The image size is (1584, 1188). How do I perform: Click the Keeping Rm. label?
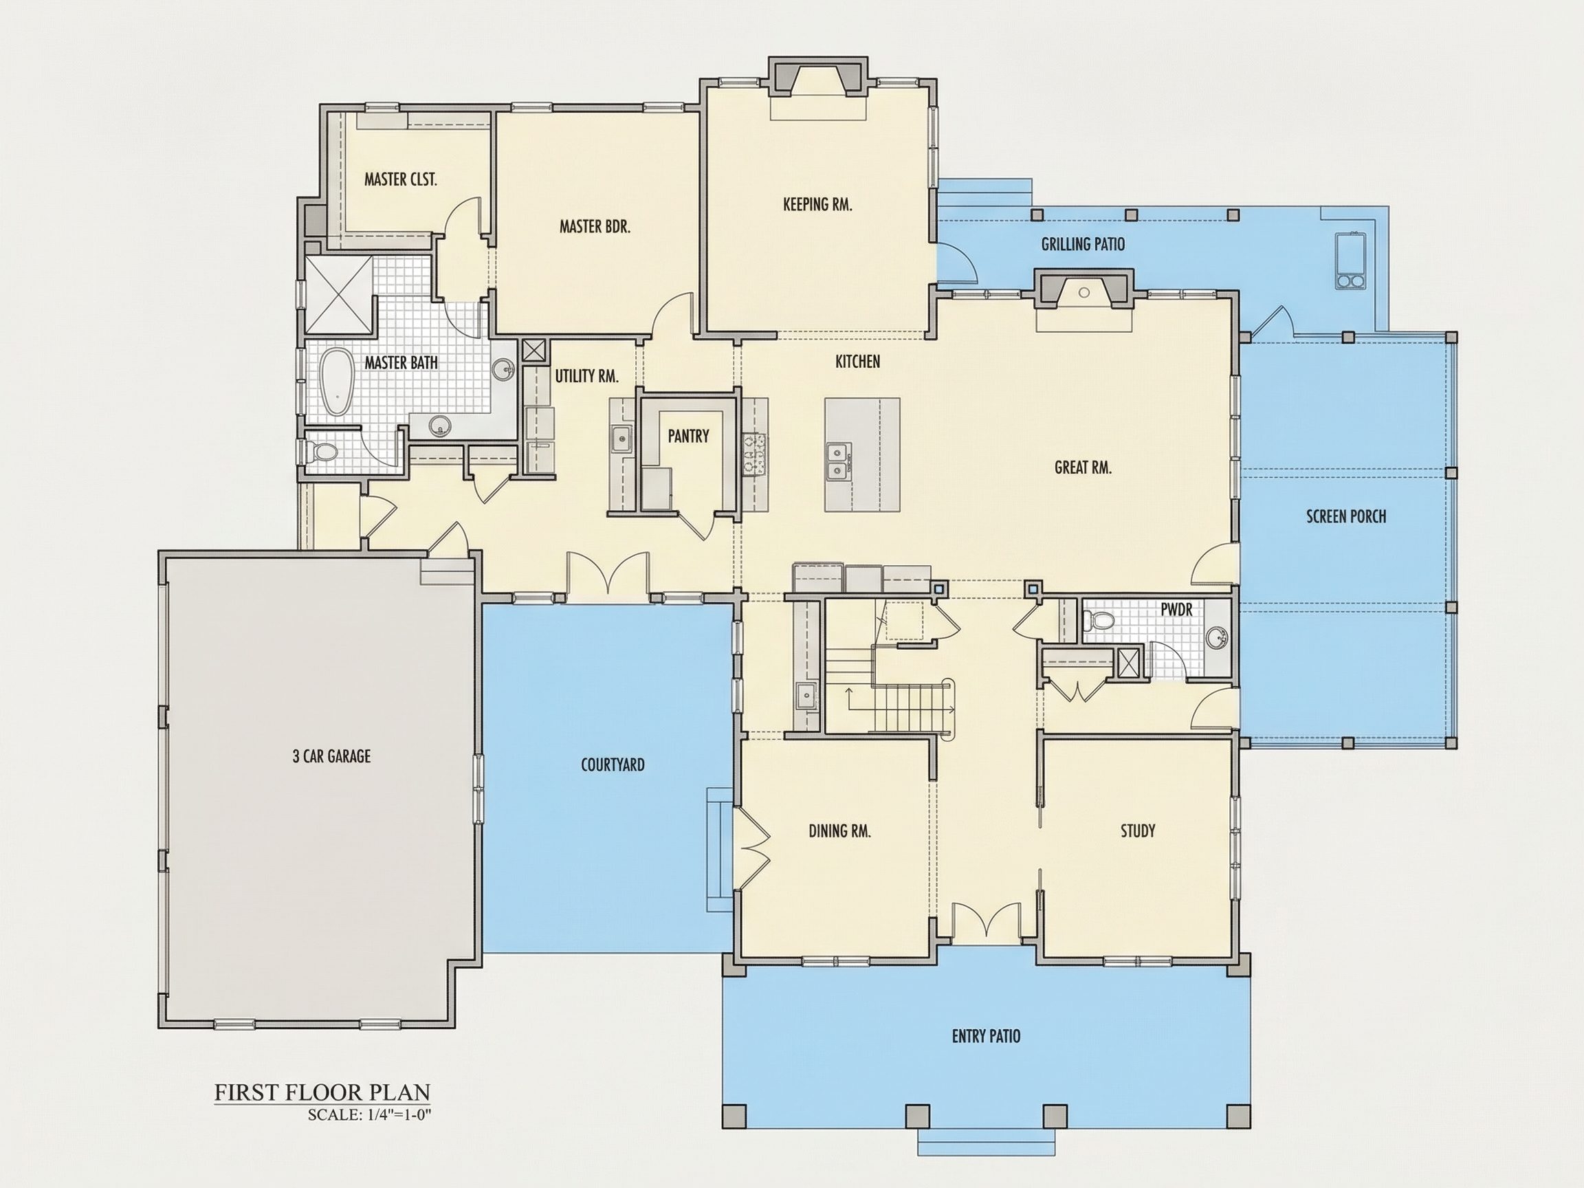coord(817,204)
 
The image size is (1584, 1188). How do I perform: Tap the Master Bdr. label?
coord(595,226)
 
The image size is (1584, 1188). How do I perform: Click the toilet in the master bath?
coord(323,452)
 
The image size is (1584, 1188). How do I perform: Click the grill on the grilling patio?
coord(1350,260)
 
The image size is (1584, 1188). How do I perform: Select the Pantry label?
coord(688,435)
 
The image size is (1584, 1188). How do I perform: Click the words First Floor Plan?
coord(322,1092)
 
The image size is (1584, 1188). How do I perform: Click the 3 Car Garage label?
coord(331,756)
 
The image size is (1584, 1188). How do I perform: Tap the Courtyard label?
coord(613,764)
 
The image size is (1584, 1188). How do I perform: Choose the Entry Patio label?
coord(986,1035)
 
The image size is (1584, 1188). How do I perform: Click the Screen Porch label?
coord(1346,516)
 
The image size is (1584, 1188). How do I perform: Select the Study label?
coord(1138,830)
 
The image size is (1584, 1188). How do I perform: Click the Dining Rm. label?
coord(840,830)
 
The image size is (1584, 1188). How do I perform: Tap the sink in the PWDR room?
coord(1216,636)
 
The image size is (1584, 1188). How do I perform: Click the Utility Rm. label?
coord(586,375)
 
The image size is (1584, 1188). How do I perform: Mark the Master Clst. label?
coord(400,179)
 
